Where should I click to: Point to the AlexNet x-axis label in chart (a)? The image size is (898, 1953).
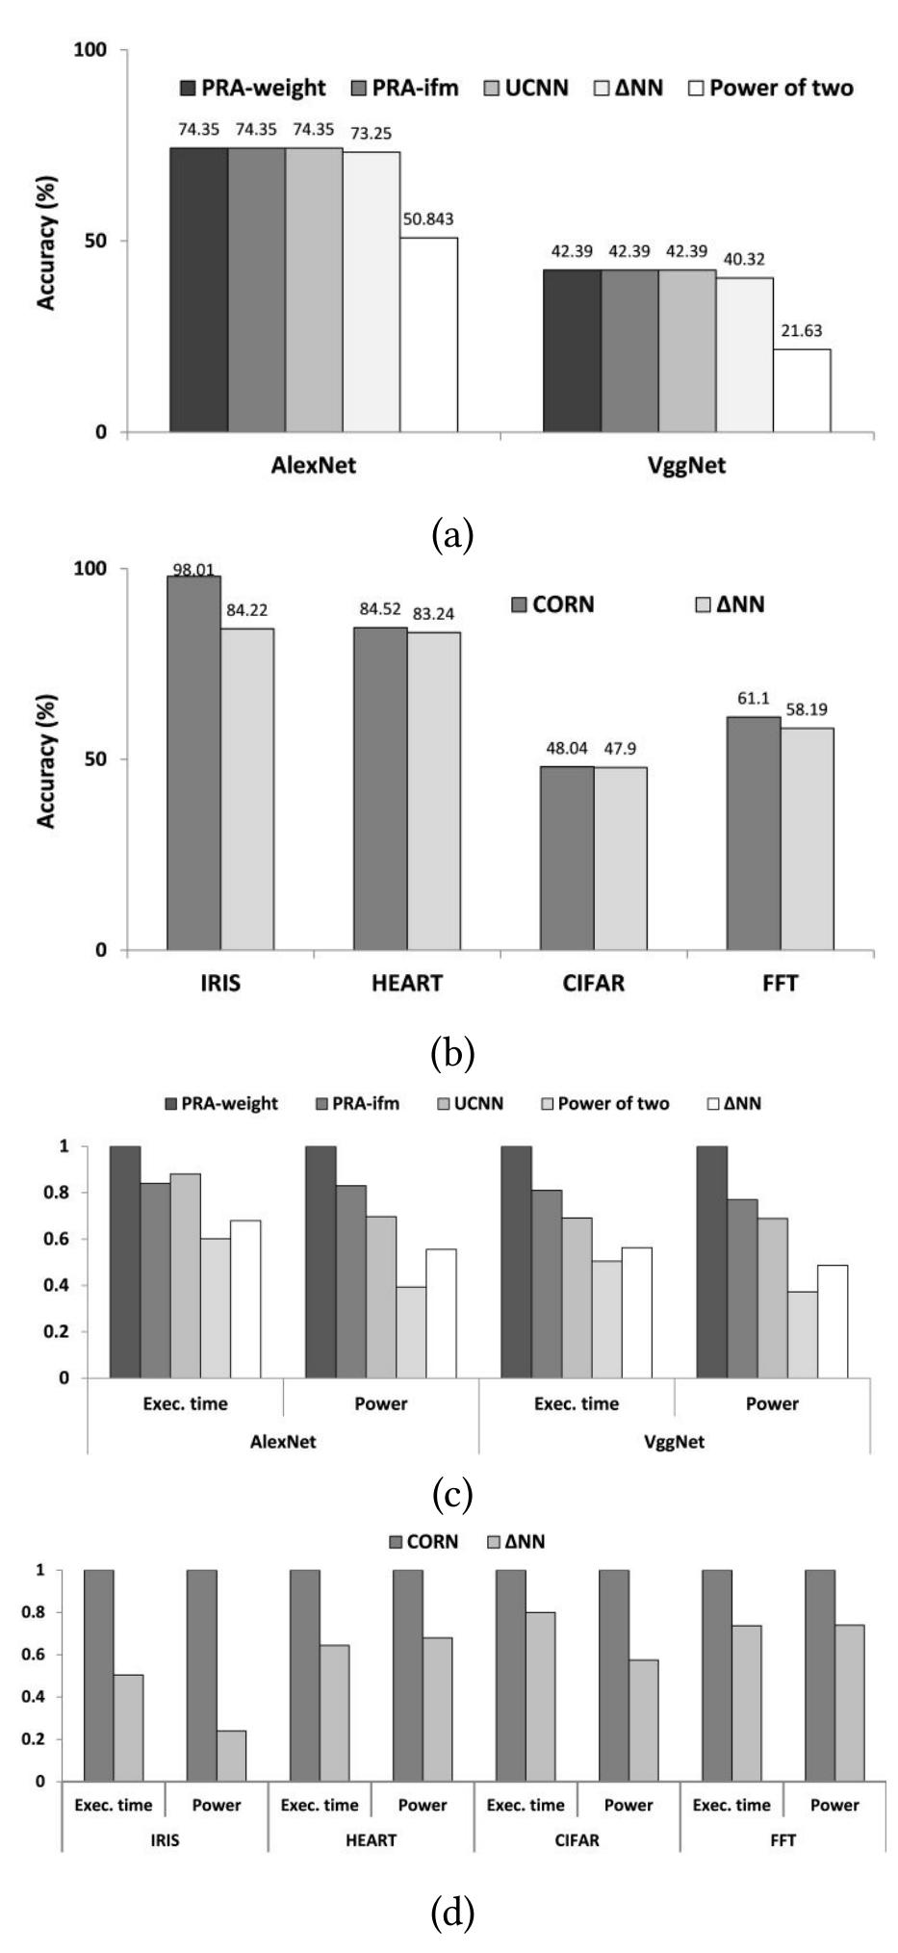312,466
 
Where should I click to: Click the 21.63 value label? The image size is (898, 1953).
802,331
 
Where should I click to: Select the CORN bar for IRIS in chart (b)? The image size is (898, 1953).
193,762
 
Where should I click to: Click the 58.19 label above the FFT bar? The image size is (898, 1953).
808,710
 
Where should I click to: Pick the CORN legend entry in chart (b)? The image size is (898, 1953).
553,604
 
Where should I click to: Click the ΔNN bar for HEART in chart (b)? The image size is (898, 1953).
433,791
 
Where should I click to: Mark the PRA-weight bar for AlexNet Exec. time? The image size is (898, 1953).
124,1262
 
